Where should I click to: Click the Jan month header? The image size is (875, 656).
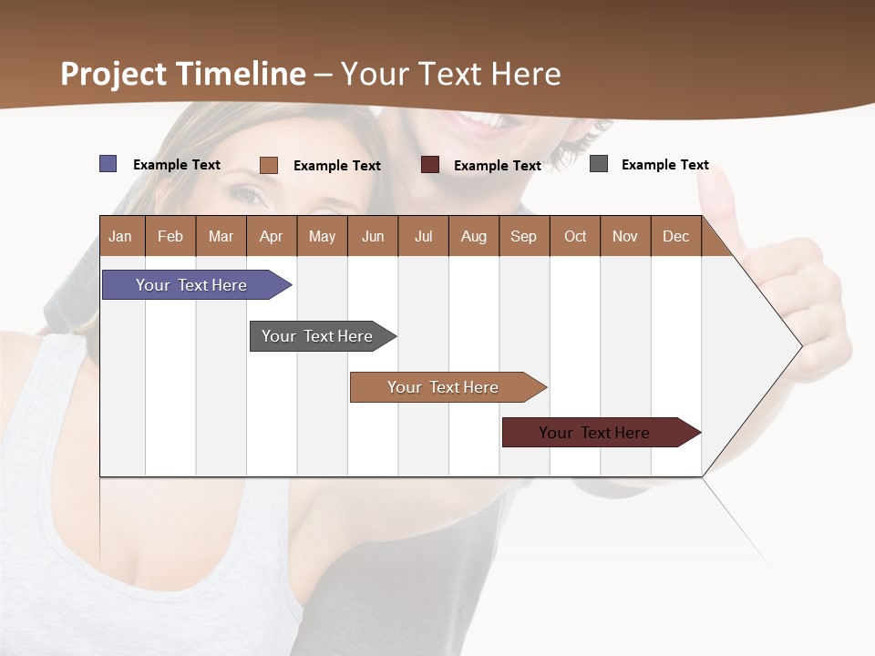pos(121,236)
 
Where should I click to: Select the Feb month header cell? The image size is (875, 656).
pos(170,236)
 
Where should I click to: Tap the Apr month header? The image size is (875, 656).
pos(272,236)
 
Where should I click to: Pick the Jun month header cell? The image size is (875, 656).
pos(373,236)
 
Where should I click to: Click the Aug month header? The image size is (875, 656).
pos(474,236)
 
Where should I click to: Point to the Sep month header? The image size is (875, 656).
pos(524,236)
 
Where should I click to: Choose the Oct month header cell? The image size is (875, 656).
pos(575,236)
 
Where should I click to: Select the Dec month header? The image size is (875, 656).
pos(676,236)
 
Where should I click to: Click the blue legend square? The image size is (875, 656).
pos(108,164)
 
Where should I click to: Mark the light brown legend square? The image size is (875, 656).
pos(269,165)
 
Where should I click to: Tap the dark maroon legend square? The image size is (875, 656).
pos(430,165)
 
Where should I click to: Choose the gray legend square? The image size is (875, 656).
pos(599,164)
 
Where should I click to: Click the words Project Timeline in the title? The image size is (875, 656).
pos(183,74)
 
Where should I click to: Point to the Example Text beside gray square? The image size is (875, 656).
pos(664,165)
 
